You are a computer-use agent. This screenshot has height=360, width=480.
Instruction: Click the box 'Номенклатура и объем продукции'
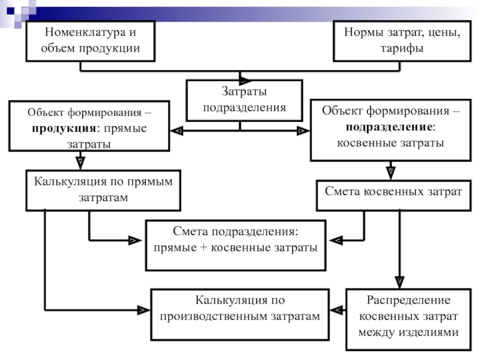click(90, 41)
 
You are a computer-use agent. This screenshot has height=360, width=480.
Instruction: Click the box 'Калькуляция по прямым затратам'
click(103, 190)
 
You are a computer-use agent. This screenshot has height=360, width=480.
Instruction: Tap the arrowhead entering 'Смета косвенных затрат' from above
click(391, 172)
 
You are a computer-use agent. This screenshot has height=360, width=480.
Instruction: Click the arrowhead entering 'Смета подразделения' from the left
click(132, 241)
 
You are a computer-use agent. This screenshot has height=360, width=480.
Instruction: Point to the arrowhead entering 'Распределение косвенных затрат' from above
click(399, 281)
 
